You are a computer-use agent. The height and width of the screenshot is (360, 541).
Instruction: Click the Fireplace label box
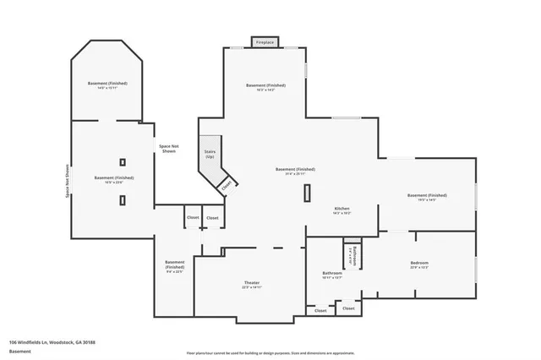[x=265, y=41]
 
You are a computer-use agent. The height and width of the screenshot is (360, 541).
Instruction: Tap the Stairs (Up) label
[x=210, y=154]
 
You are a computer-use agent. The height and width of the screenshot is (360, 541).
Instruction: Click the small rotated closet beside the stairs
[x=227, y=186]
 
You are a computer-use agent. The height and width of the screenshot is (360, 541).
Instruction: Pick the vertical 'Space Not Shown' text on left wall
[x=68, y=180]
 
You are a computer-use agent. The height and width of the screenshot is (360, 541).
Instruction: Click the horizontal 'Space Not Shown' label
[x=169, y=149]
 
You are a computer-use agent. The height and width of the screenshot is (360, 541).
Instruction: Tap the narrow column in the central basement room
[x=307, y=192]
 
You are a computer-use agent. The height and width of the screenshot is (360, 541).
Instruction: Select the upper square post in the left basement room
[x=123, y=161]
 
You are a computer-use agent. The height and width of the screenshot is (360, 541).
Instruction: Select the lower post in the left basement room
[x=123, y=199]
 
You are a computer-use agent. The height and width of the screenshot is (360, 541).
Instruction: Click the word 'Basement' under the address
[x=19, y=351]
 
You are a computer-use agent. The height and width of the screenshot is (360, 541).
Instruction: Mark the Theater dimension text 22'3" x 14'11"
[x=251, y=288]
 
